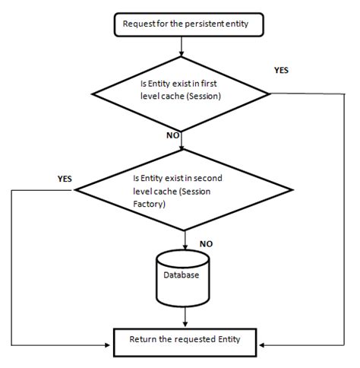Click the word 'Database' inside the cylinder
pyautogui.click(x=182, y=275)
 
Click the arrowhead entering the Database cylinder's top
pyautogui.click(x=185, y=249)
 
